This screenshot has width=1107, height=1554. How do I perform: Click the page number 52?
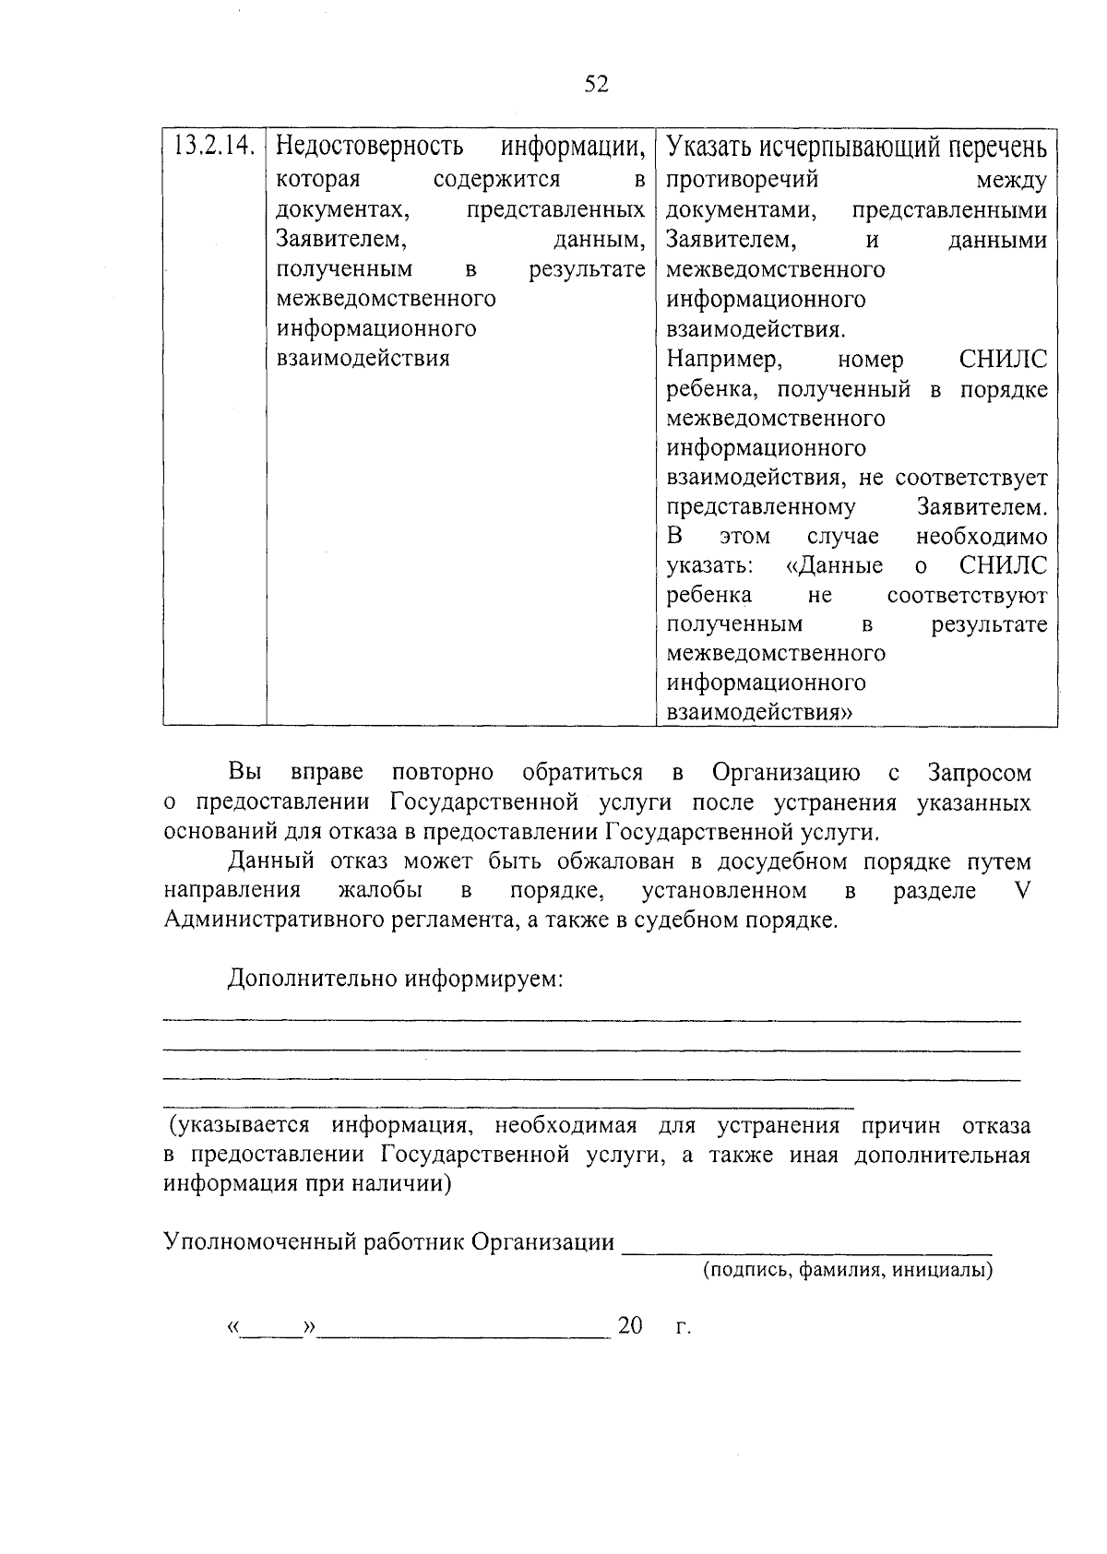[597, 85]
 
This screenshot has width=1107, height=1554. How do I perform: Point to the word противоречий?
[743, 180]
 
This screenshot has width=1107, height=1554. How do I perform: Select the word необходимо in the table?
[982, 536]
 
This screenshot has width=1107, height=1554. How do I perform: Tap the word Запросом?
[980, 772]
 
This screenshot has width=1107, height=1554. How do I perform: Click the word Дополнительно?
[312, 979]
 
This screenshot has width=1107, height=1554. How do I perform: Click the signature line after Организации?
[806, 1248]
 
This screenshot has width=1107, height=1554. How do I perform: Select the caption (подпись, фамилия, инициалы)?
[848, 1271]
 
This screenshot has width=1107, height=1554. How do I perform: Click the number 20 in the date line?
[630, 1326]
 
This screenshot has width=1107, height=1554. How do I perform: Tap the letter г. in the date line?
[683, 1328]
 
